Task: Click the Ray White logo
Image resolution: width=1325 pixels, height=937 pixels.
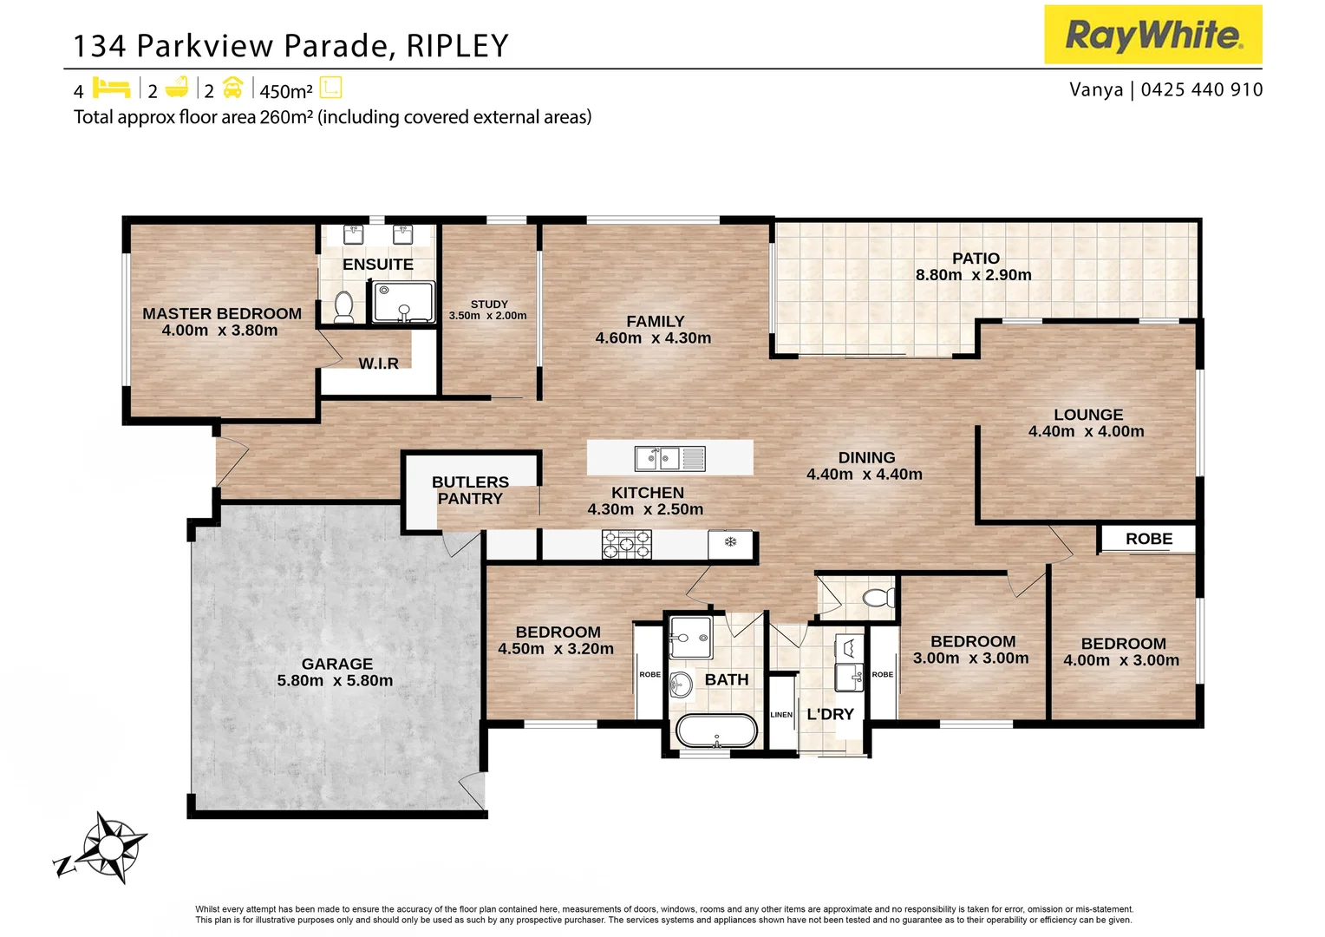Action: click(x=1152, y=35)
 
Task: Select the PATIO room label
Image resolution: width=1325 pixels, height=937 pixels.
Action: click(x=976, y=259)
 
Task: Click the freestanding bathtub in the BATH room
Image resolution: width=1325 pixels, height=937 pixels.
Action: click(x=716, y=731)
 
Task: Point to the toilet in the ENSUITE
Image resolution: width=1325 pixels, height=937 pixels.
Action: click(x=344, y=307)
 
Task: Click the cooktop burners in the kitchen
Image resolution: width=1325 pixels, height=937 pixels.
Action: click(x=626, y=544)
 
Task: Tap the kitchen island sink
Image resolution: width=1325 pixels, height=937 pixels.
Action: click(x=657, y=457)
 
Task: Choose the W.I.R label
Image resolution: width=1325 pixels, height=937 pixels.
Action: click(x=379, y=364)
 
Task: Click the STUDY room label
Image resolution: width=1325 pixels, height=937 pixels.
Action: click(x=489, y=305)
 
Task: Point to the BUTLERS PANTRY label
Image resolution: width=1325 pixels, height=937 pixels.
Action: click(x=470, y=490)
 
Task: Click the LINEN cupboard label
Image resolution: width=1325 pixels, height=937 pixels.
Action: click(x=781, y=715)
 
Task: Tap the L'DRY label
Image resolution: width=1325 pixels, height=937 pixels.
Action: click(x=831, y=715)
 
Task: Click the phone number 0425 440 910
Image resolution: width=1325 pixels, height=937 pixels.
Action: click(x=1202, y=89)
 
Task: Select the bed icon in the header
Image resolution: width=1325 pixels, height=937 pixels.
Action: click(x=111, y=88)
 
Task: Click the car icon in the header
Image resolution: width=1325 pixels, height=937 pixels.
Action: click(x=232, y=88)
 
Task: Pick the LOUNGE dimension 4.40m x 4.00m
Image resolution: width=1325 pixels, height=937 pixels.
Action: click(x=1086, y=431)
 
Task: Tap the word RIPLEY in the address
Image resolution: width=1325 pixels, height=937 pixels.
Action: click(x=457, y=46)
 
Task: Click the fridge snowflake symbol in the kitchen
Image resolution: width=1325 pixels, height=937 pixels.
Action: click(x=730, y=542)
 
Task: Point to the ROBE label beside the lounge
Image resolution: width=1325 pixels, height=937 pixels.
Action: click(x=1149, y=539)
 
